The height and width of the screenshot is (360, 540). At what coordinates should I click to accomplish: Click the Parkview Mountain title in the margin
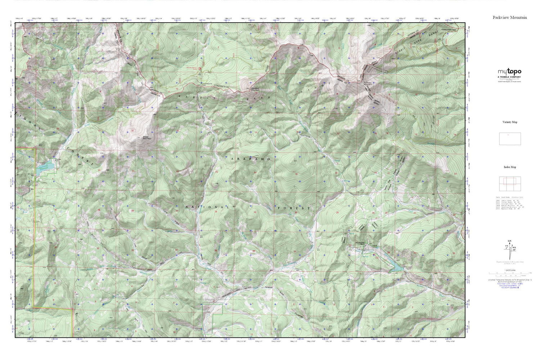pos(510,17)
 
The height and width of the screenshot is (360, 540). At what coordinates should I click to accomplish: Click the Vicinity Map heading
pos(510,122)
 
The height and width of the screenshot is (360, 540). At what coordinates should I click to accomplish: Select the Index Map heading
pos(510,167)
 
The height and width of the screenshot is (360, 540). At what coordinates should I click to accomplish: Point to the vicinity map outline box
pos(510,139)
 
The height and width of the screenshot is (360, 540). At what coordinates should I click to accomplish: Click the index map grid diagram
pos(510,184)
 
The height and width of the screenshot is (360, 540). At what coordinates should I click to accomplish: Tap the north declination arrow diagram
pos(509,247)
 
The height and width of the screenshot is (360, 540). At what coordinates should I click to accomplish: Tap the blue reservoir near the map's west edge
pos(46,166)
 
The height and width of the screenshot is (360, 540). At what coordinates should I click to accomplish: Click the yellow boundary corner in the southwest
pos(33,307)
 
